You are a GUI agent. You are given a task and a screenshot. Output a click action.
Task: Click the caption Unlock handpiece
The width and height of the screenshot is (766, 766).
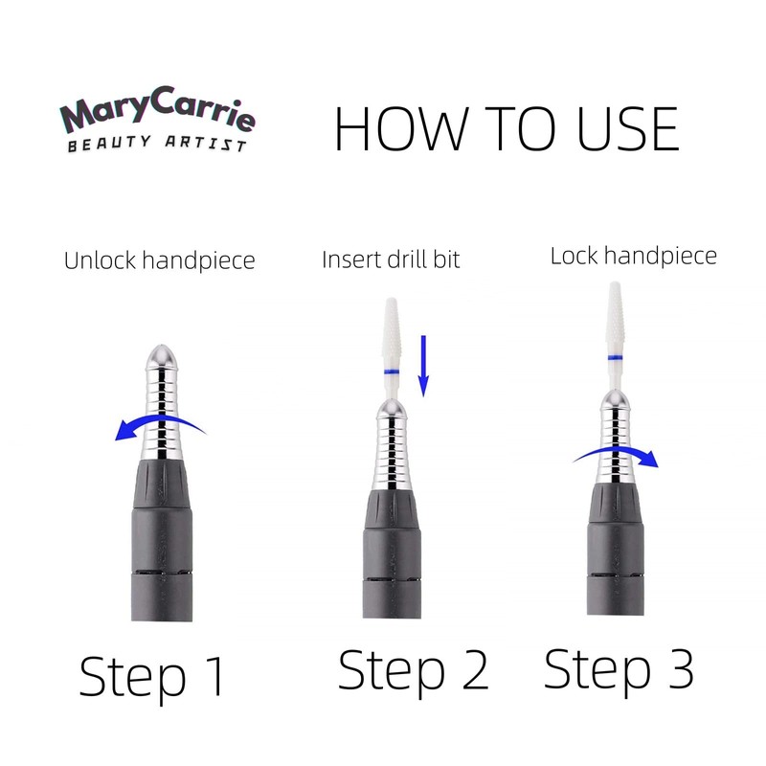tap(159, 260)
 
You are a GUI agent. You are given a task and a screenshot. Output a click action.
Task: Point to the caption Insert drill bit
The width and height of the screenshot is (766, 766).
tap(391, 260)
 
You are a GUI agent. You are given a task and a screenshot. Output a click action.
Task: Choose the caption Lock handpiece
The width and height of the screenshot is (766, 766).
tap(633, 257)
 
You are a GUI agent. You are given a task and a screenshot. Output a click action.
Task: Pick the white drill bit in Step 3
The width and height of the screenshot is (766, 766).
tap(615, 316)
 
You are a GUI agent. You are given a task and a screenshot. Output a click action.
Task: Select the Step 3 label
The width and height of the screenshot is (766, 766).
tap(619, 667)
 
